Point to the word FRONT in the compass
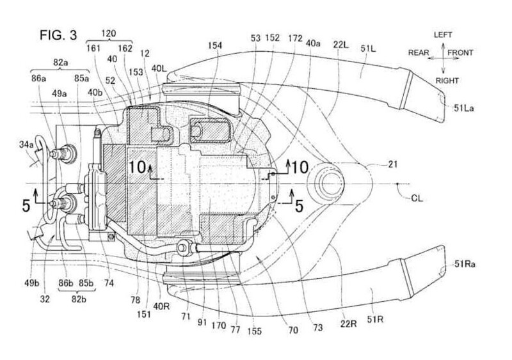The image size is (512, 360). (x=462, y=55)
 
